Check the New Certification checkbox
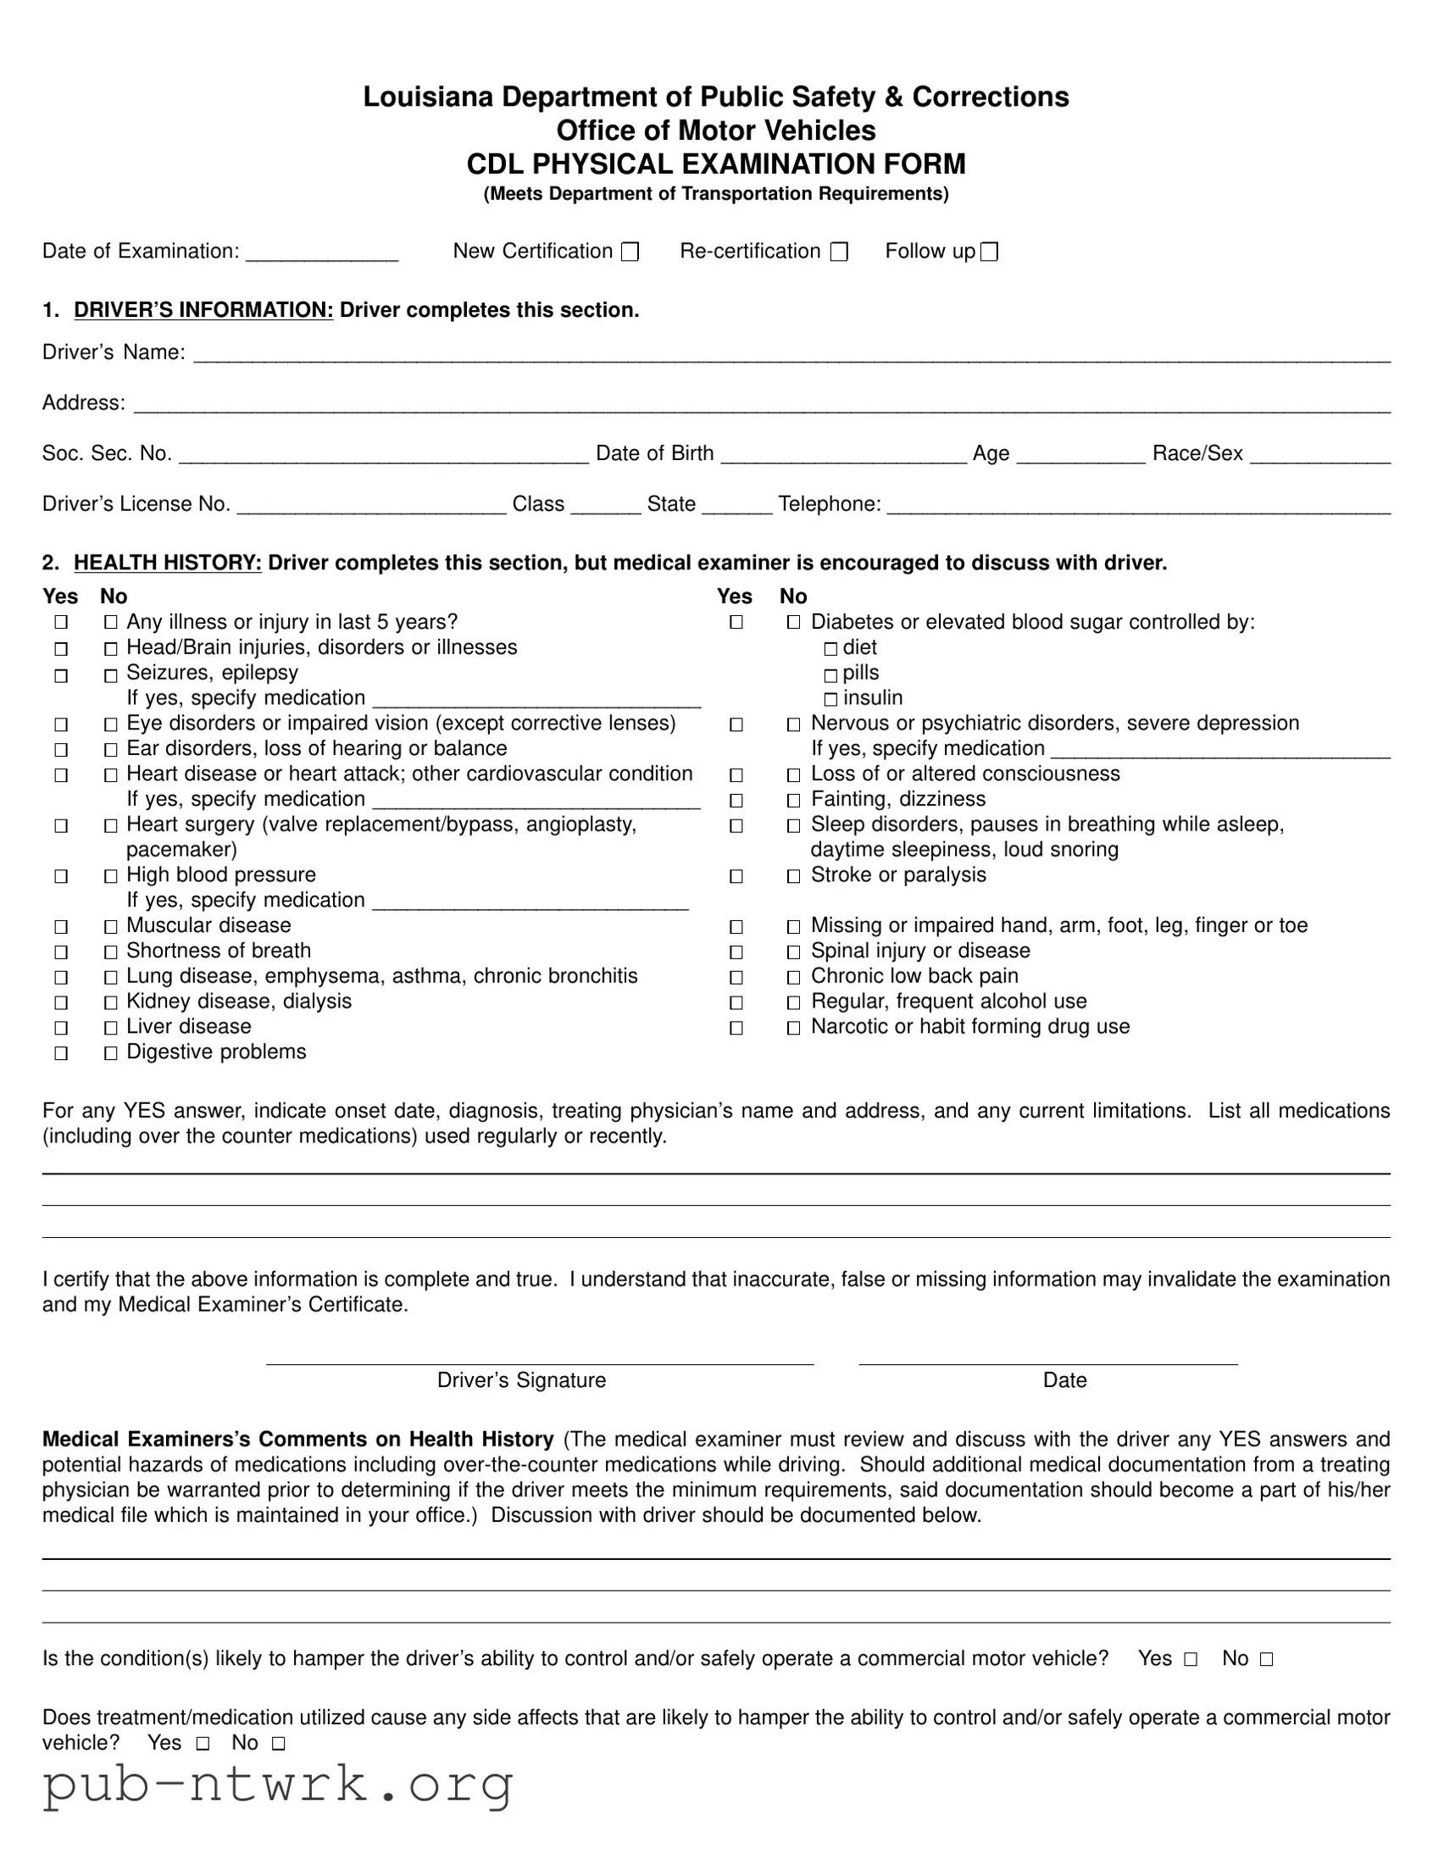point(630,253)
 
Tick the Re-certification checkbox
point(839,253)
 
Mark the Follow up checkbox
point(989,253)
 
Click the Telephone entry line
point(1138,508)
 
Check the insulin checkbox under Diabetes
point(830,700)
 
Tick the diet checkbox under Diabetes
point(830,648)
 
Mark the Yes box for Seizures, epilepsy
point(61,675)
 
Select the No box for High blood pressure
point(110,876)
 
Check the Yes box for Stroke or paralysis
point(736,876)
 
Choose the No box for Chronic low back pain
point(793,978)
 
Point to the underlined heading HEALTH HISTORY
point(167,563)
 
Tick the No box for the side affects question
point(279,1744)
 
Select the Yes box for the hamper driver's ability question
point(1190,1660)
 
